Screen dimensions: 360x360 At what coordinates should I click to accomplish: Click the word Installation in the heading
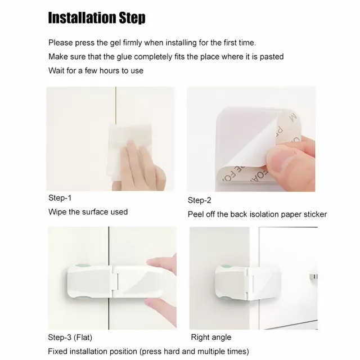[x=82, y=17]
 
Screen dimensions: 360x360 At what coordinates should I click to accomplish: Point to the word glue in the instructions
[x=124, y=57]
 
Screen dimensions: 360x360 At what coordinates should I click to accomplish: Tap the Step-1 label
[x=60, y=198]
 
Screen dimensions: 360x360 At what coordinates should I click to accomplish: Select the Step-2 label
[x=199, y=200]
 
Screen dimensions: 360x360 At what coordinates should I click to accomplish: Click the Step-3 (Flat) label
[x=70, y=337]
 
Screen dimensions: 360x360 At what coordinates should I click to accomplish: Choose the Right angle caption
[x=211, y=337]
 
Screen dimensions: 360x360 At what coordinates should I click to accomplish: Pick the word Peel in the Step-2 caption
[x=195, y=214]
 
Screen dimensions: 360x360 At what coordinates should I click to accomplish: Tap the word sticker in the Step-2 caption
[x=315, y=214]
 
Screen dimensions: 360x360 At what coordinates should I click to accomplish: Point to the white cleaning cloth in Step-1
[x=129, y=151]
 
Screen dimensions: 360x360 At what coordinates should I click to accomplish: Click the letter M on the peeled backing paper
[x=293, y=118]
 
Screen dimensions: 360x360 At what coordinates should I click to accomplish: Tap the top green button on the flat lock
[x=83, y=266]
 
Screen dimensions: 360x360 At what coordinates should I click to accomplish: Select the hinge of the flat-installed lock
[x=115, y=281]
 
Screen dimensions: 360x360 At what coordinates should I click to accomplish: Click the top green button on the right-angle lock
[x=226, y=266]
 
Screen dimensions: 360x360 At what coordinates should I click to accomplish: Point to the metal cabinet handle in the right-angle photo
[x=314, y=276]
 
